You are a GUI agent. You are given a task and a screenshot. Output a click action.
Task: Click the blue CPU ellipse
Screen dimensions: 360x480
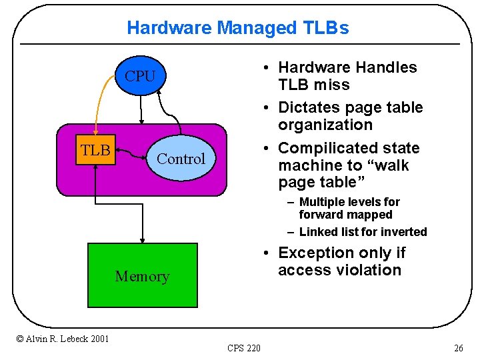point(140,77)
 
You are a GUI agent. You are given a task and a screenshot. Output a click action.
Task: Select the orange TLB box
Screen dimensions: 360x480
point(96,150)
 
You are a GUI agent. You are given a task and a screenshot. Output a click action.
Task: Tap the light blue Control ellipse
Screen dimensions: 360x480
point(180,159)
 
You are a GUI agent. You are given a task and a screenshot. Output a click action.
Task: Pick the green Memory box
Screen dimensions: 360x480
point(143,275)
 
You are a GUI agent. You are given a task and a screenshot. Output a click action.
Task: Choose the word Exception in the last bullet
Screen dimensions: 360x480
point(317,253)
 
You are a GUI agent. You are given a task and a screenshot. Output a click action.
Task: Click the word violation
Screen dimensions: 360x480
point(369,270)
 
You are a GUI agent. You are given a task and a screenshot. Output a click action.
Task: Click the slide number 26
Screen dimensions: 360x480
point(458,348)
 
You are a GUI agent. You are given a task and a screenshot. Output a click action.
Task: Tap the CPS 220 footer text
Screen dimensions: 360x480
point(244,348)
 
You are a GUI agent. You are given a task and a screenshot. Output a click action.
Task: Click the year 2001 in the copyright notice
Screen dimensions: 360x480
point(99,339)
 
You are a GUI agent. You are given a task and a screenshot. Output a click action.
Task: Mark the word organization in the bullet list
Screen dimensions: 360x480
point(325,125)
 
